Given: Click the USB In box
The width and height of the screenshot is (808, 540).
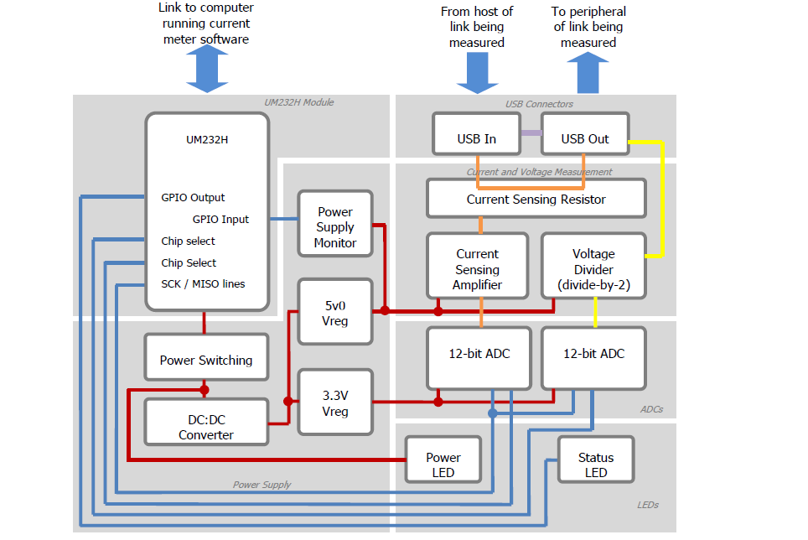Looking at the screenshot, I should (476, 134).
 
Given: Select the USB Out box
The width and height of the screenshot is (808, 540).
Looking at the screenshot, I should (585, 134).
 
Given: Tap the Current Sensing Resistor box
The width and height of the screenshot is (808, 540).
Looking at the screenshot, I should (536, 199).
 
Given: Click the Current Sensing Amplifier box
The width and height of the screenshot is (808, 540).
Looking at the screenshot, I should (477, 266).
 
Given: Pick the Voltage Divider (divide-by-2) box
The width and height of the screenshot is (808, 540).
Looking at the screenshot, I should (593, 266).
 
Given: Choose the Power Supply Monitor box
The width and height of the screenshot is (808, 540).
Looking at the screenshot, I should (335, 224).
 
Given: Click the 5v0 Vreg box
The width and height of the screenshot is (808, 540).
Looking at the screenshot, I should (335, 311).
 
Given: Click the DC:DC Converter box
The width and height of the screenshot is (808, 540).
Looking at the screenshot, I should (206, 421).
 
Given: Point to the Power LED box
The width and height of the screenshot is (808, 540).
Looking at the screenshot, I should (443, 460).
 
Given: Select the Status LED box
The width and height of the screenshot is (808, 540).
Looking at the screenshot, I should (595, 460).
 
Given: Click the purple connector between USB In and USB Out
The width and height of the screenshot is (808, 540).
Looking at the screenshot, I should (530, 133).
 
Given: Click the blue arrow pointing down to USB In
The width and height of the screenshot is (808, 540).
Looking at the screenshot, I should (477, 73).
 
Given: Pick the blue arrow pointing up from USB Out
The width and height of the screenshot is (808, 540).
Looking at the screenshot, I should (588, 73).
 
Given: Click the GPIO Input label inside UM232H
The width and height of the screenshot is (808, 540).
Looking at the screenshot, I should (220, 220).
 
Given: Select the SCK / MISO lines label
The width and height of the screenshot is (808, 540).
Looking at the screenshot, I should (203, 284).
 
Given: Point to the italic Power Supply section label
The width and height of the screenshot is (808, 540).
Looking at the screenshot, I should (262, 485).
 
